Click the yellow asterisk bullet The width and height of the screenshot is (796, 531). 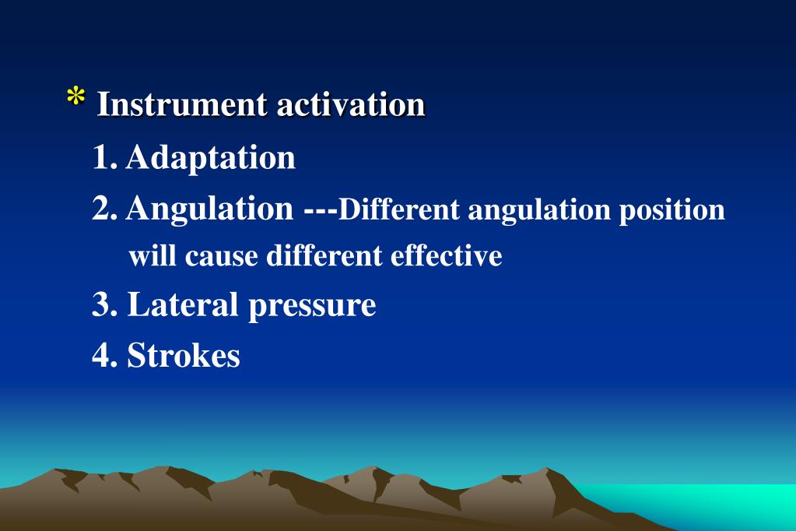(x=75, y=99)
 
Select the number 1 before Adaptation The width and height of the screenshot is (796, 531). (x=101, y=157)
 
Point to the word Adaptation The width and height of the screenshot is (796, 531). (x=211, y=157)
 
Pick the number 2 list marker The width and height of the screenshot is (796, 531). (x=103, y=208)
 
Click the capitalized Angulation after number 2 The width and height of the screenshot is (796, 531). (x=210, y=209)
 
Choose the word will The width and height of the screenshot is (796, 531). (x=153, y=255)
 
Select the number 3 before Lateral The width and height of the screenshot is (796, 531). (x=102, y=304)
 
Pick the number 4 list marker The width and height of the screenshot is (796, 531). (x=102, y=355)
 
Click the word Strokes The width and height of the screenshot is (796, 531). (x=184, y=355)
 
